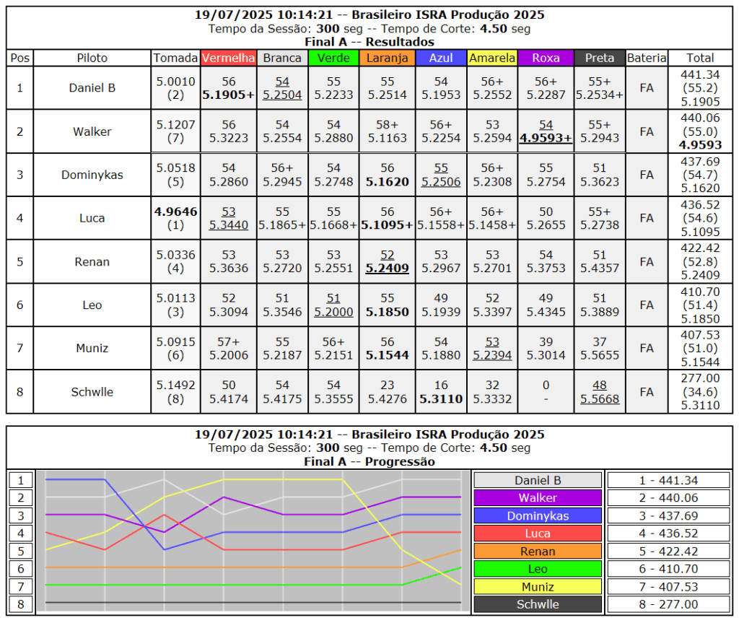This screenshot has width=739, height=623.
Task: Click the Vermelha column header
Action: coord(229,58)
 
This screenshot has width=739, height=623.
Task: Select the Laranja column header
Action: coord(387,58)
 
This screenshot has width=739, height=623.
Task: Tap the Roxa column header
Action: coord(546,58)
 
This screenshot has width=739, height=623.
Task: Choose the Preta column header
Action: coord(600,58)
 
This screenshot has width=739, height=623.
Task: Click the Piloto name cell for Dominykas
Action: coord(92,175)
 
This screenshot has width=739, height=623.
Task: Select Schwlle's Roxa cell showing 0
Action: coord(546,392)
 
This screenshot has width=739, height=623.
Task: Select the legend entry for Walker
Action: coord(538,498)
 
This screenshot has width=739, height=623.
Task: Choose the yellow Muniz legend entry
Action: coord(538,587)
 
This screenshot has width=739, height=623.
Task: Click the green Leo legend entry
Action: coord(538,569)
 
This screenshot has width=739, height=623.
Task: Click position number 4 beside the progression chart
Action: coord(21,533)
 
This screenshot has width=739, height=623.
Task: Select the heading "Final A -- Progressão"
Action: coord(369,461)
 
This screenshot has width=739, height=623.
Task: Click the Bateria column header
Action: coord(647,58)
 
